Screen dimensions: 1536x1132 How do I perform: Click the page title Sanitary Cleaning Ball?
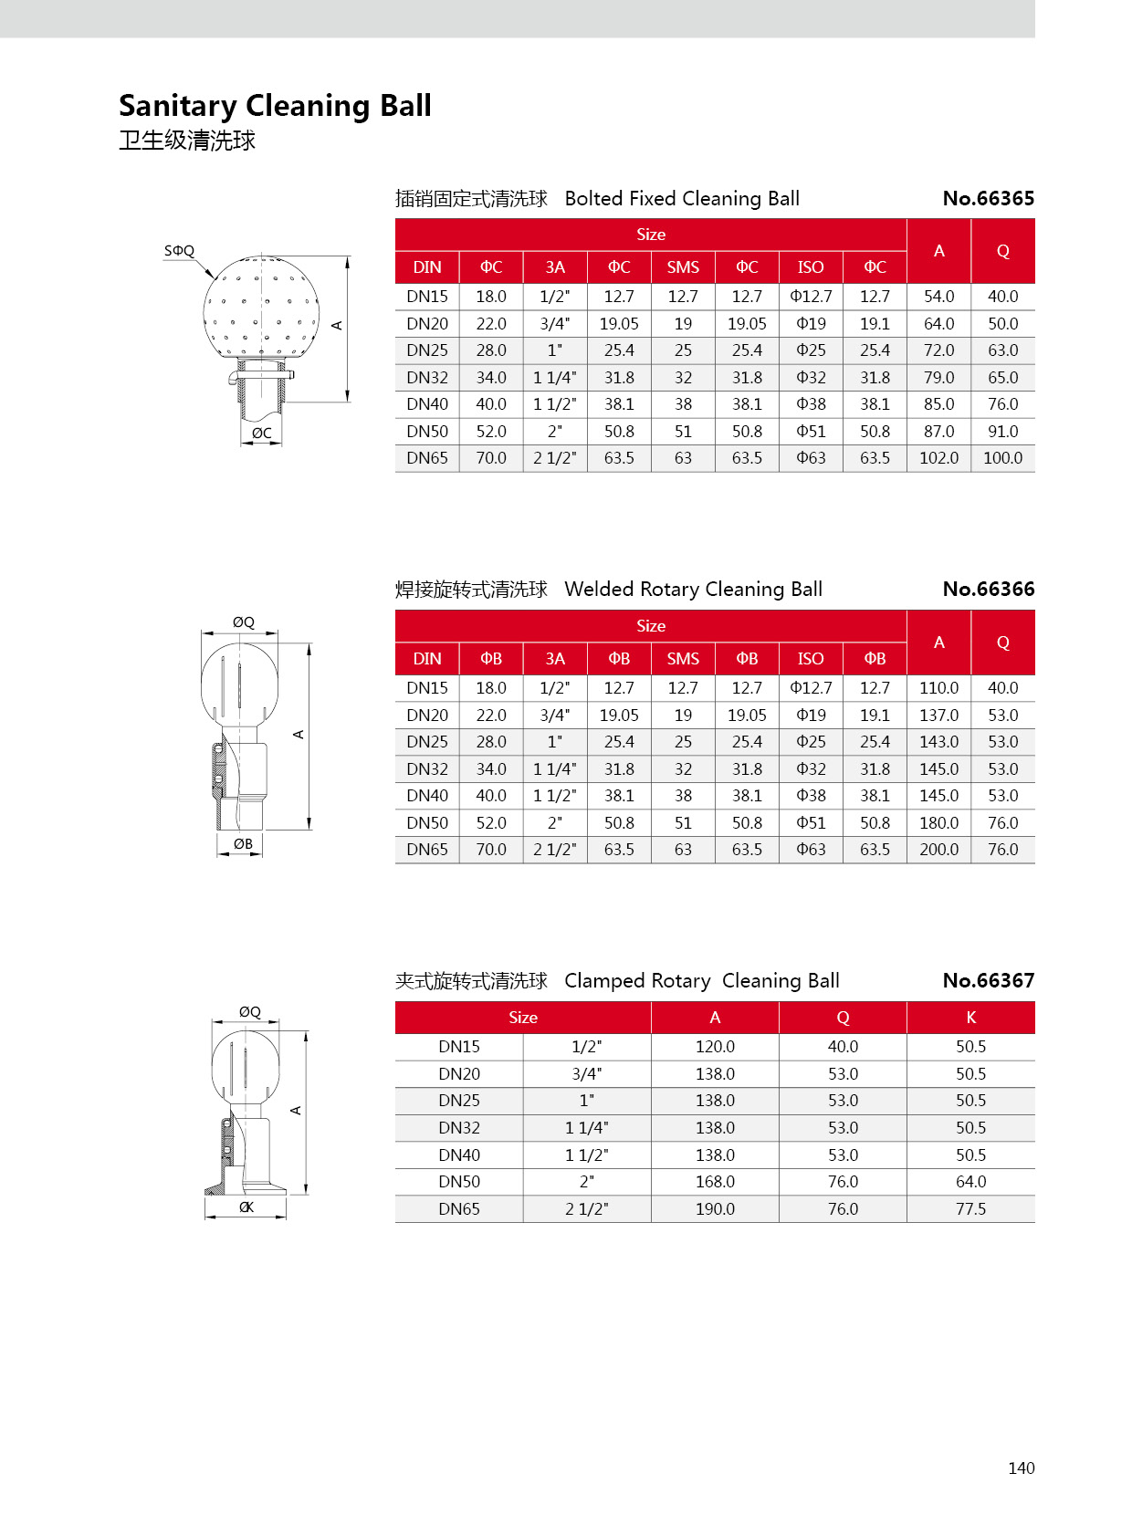click(x=275, y=106)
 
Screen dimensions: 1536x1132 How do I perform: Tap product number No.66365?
click(x=988, y=199)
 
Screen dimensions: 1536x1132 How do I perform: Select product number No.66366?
click(x=988, y=590)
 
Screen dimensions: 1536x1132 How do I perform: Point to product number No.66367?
click(x=988, y=981)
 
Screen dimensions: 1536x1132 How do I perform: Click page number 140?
click(x=1021, y=1468)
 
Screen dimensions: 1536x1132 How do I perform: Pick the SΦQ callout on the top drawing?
click(x=179, y=251)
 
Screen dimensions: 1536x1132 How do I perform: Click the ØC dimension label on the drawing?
click(x=262, y=434)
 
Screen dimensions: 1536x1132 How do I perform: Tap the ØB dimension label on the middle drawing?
click(x=243, y=844)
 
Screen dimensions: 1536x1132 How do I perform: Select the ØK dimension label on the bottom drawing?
click(x=246, y=1207)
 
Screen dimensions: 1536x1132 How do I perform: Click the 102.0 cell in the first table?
click(x=938, y=458)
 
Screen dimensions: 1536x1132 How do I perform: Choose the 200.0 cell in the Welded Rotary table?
click(x=938, y=850)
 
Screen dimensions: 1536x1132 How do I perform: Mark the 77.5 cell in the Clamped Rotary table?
click(x=970, y=1209)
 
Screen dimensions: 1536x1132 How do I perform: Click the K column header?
click(x=970, y=1018)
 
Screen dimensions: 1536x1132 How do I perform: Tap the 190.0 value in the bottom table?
click(x=715, y=1209)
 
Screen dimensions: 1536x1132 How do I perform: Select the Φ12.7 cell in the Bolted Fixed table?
click(x=811, y=297)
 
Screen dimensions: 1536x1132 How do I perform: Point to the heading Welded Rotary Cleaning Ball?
click(x=693, y=590)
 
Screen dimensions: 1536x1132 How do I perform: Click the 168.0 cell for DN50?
click(x=715, y=1182)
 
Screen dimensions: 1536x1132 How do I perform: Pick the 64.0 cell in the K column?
click(x=970, y=1182)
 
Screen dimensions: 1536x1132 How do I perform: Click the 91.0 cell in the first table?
click(x=1002, y=432)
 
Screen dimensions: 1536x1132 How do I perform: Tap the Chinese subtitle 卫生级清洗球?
click(x=187, y=141)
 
